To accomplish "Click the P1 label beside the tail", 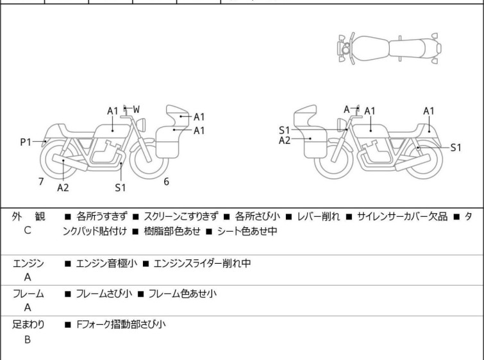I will pyautogui.click(x=26, y=142).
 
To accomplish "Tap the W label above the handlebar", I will pyautogui.click(x=136, y=109).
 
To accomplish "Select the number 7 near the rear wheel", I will pyautogui.click(x=41, y=182).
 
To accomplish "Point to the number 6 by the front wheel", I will pyautogui.click(x=166, y=182).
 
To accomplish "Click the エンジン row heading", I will pyautogui.click(x=28, y=263).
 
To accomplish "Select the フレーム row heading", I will pyautogui.click(x=28, y=294).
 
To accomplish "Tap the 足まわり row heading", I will pyautogui.click(x=28, y=325).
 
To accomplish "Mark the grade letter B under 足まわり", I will pyautogui.click(x=28, y=339).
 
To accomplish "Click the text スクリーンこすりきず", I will pyautogui.click(x=181, y=217).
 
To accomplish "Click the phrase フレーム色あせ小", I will pyautogui.click(x=181, y=294).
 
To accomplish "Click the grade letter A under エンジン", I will pyautogui.click(x=28, y=278).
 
